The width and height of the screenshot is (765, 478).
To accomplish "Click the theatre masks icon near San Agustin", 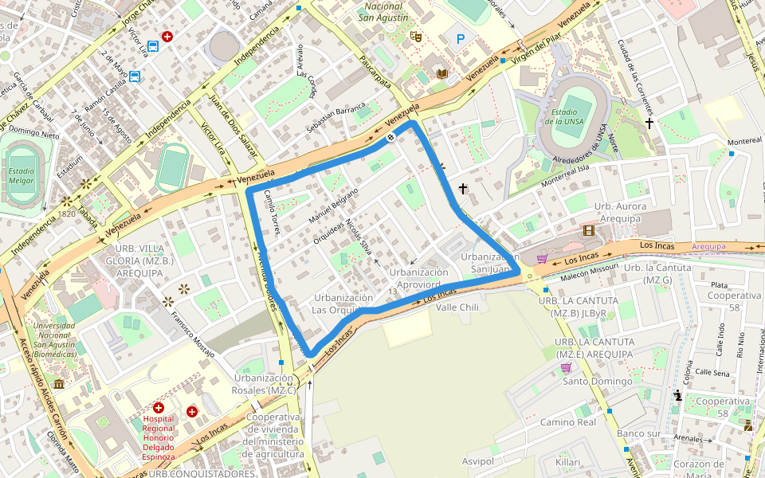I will pyautogui.click(x=414, y=36).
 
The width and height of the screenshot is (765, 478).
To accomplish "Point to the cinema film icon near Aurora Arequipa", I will pyautogui.click(x=588, y=231).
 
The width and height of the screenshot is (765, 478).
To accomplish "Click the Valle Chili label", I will pyautogui.click(x=457, y=307).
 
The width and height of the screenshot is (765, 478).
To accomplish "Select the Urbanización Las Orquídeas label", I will pyautogui.click(x=342, y=304).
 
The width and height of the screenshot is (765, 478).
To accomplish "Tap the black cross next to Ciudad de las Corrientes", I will pyautogui.click(x=649, y=123).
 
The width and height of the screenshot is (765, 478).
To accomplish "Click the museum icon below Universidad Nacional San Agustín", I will pyautogui.click(x=60, y=384).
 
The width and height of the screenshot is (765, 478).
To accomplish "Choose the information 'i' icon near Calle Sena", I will pyautogui.click(x=677, y=394).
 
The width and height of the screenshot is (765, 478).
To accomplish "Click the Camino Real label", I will pyautogui.click(x=567, y=422).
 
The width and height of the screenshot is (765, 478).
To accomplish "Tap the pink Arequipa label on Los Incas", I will pyautogui.click(x=709, y=247).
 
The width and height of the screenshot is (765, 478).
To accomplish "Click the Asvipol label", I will pyautogui.click(x=478, y=462).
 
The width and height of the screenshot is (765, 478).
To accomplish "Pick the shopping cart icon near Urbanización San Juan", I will pyautogui.click(x=542, y=259).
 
